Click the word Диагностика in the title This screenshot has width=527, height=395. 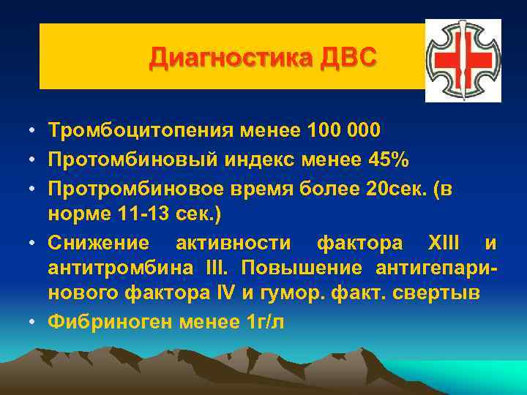(x=233, y=57)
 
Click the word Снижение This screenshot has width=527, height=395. (x=98, y=242)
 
